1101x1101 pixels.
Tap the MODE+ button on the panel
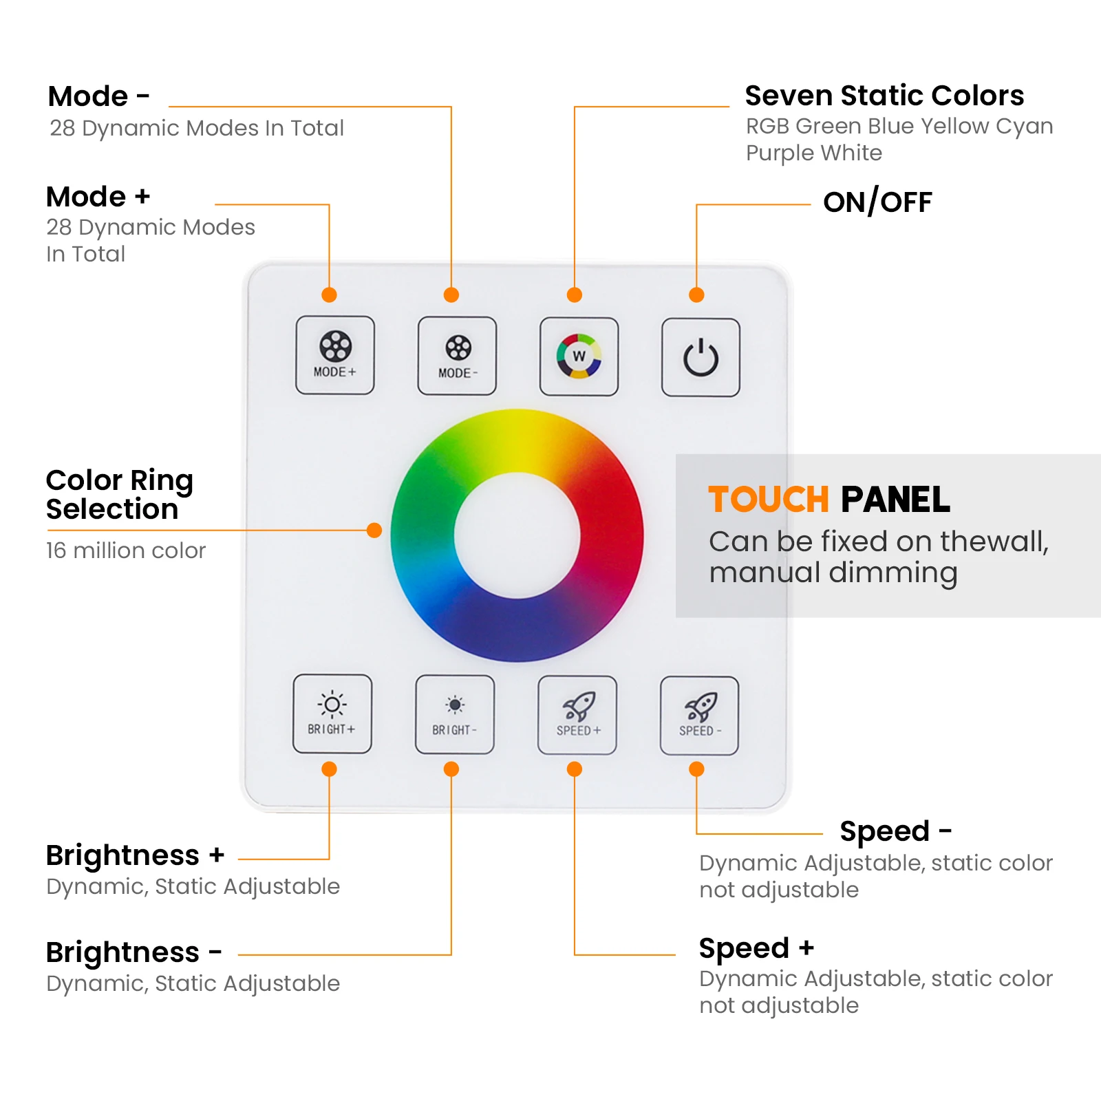click(335, 355)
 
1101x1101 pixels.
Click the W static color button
click(579, 356)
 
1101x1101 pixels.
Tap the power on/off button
click(701, 357)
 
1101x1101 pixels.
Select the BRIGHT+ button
click(332, 714)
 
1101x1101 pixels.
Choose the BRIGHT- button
click(454, 714)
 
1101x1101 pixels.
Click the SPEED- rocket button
click(699, 716)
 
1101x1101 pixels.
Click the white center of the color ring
click(517, 535)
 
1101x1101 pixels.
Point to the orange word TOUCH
click(769, 500)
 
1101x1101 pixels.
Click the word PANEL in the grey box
click(895, 500)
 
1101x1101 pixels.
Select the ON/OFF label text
click(877, 202)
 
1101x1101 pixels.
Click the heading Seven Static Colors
click(884, 96)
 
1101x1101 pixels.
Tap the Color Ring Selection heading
click(119, 494)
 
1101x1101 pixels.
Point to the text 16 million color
click(126, 550)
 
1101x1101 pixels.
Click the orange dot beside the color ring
click(374, 530)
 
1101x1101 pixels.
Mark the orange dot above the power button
click(696, 295)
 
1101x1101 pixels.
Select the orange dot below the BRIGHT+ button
click(329, 769)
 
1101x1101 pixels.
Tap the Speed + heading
click(756, 948)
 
